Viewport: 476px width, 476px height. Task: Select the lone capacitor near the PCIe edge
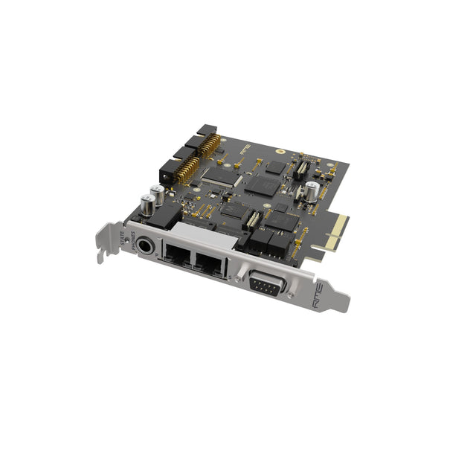312,191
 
